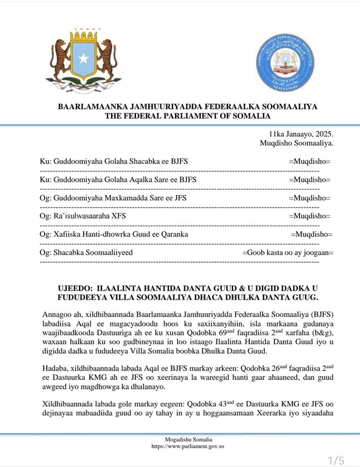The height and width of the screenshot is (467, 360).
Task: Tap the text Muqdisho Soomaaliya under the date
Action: (x=298, y=143)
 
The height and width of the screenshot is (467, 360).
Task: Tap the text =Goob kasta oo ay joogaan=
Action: (x=287, y=252)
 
